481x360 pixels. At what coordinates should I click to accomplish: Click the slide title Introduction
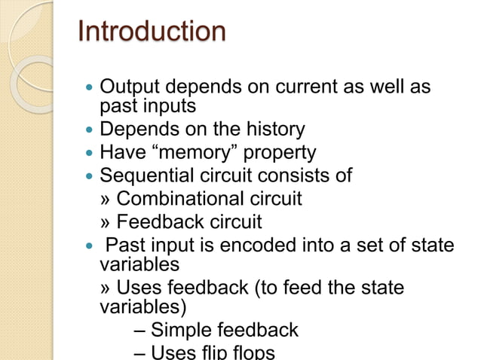click(x=152, y=32)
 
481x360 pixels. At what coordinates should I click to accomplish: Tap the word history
click(x=272, y=130)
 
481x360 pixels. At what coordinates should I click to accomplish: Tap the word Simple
click(x=181, y=330)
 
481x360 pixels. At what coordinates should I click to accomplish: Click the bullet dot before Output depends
click(x=90, y=88)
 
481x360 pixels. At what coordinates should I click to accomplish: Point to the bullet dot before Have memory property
click(x=90, y=154)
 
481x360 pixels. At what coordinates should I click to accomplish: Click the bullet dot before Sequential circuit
click(x=90, y=177)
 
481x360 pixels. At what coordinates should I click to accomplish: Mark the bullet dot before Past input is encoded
click(x=90, y=246)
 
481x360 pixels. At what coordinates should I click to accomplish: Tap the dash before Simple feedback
click(x=141, y=331)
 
